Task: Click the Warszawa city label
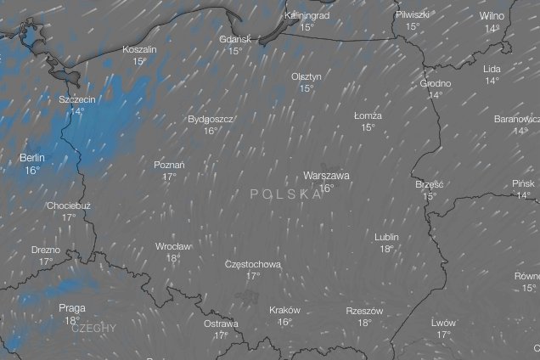coord(326,176)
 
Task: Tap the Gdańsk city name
coord(234,39)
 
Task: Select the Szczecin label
coord(77,99)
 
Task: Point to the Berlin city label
coord(32,158)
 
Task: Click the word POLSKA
coord(286,194)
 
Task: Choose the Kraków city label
coord(284,310)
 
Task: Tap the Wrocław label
coord(173,246)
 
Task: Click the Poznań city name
coord(170,165)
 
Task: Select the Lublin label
coord(386,237)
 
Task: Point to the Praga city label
coord(72,308)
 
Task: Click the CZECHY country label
coord(94,327)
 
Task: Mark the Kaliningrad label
coord(307,16)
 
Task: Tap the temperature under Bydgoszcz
coord(211,131)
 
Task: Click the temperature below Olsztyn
coord(307,88)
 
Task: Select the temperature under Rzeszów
coord(365,323)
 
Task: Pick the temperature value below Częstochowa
coord(253,276)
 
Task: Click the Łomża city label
coord(368,115)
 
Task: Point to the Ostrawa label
coord(222,323)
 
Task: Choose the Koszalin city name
coord(139,49)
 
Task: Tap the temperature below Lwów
coord(443,335)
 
